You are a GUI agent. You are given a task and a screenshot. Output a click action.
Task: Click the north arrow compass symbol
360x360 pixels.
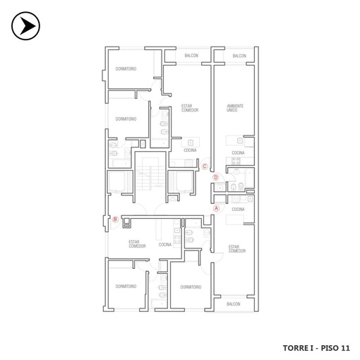pos(25,26)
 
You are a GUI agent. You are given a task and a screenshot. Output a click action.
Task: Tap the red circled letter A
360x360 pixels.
pos(216,208)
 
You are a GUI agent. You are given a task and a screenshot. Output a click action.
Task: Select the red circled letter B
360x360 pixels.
pos(115,220)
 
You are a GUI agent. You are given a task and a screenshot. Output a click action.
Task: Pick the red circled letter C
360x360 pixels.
pos(205,167)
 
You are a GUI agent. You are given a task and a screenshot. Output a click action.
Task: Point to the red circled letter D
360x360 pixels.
pos(215,177)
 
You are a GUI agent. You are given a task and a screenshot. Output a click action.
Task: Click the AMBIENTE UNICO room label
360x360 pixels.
pos(235,108)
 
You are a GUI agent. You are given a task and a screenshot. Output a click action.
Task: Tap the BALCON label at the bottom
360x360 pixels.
pos(234,304)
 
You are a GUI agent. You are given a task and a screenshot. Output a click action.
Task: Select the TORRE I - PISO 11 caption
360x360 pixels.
pos(316,348)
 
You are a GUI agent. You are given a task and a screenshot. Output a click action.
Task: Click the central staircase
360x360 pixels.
pos(150,174)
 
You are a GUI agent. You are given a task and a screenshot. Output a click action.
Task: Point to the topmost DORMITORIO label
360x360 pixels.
pos(126,69)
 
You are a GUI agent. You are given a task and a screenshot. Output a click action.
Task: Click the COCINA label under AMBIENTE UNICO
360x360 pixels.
pos(238,153)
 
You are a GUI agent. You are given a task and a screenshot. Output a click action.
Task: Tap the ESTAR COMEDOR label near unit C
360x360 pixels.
pos(190,108)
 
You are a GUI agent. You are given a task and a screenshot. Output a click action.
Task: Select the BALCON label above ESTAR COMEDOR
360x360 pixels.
pos(191,56)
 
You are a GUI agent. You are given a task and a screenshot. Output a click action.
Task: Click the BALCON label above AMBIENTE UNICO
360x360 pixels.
pos(239,56)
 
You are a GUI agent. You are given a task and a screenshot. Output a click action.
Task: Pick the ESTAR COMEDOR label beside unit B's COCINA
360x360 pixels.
pos(137,244)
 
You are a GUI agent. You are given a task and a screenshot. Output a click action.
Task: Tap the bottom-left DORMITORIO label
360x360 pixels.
pos(126,287)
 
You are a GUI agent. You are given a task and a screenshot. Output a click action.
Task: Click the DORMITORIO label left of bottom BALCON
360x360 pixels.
pos(191,287)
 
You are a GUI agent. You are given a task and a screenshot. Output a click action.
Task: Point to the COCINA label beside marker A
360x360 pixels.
pos(238,210)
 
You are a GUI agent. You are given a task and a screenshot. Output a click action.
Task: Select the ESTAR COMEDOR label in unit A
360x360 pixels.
pos(237,249)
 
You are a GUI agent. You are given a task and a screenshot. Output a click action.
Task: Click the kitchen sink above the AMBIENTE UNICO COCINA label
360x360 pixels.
pos(240,140)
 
